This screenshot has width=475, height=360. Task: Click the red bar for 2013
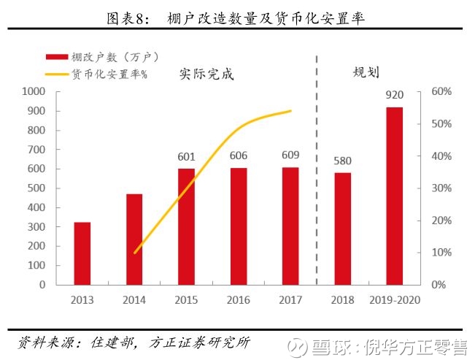[x=82, y=253]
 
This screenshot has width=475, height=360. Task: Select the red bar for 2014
[x=134, y=239]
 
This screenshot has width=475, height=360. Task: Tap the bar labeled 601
[x=187, y=226]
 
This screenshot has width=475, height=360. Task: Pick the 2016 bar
[x=239, y=226]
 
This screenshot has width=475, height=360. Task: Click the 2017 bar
[x=290, y=226]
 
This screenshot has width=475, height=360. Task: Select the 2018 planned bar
[x=343, y=228]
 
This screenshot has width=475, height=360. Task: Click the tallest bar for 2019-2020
[x=394, y=196]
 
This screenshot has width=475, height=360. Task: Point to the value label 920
[x=394, y=95]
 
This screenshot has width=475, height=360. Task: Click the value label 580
[x=343, y=161]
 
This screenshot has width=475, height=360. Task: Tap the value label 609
[x=290, y=155]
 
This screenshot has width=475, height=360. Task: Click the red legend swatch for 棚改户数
[x=56, y=57]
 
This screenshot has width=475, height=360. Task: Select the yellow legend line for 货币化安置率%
[x=56, y=74]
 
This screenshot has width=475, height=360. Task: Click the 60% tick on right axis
[x=442, y=92]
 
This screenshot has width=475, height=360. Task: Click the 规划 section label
[x=366, y=72]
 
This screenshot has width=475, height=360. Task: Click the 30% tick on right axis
[x=442, y=188]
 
